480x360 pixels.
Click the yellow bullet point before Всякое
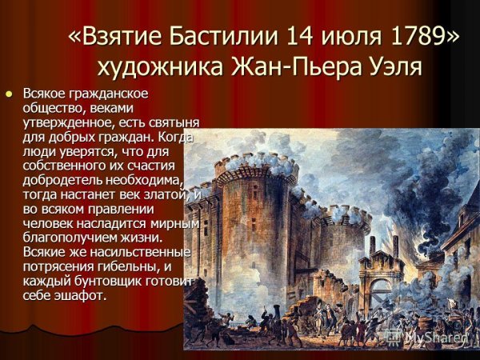pyautogui.click(x=10, y=94)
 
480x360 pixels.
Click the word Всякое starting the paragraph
pyautogui.click(x=43, y=94)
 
